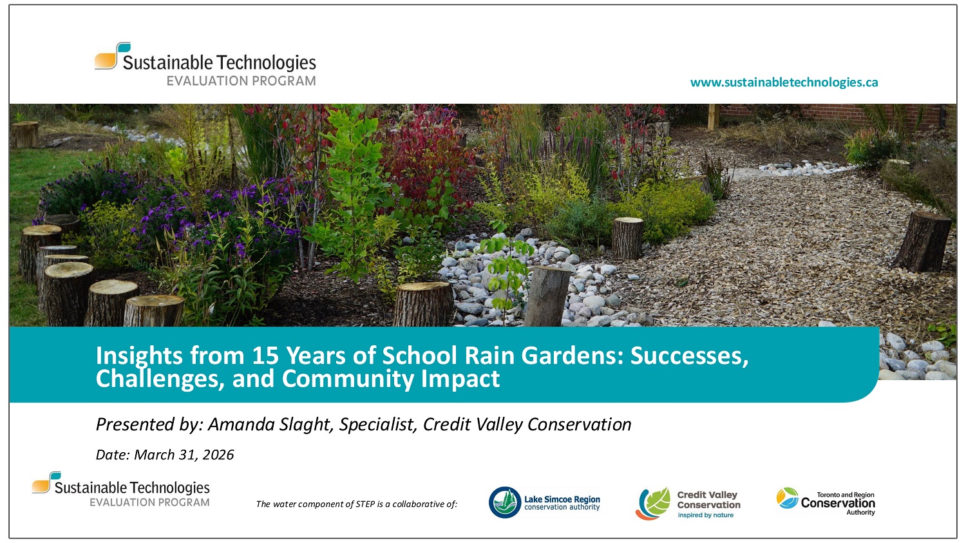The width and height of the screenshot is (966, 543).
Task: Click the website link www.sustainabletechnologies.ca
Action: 784,82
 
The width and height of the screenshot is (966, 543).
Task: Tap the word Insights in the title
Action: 138,356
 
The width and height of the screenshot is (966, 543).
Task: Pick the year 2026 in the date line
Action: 218,455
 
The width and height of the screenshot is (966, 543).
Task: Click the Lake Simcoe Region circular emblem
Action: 504,502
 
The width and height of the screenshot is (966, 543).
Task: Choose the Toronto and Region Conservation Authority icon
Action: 787,498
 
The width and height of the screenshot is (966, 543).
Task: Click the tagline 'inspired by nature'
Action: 705,515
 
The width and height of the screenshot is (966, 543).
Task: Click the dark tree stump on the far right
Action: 923,241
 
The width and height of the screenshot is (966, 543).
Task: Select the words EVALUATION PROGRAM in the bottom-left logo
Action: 149,502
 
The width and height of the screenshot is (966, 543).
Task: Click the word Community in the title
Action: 349,379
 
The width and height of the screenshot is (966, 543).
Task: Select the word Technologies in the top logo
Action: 266,62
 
